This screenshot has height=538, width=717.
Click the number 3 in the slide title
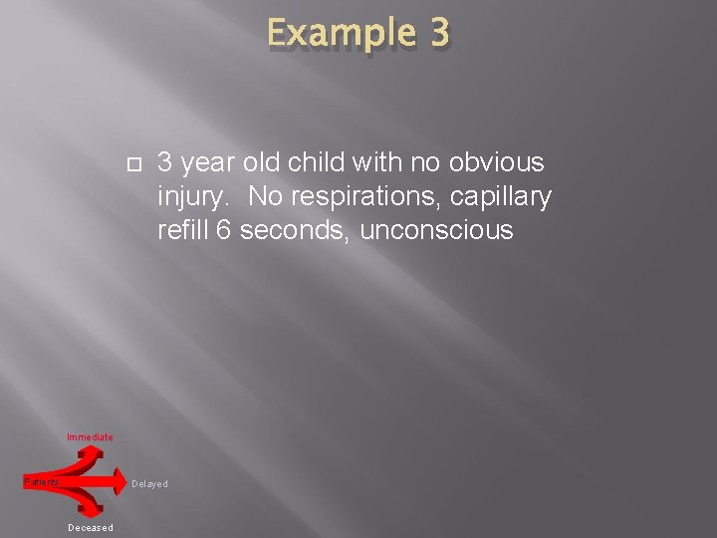(438, 33)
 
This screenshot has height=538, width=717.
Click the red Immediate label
(90, 437)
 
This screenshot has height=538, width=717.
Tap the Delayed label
(149, 484)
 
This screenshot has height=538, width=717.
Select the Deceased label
(91, 528)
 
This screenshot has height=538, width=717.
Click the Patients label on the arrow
(41, 482)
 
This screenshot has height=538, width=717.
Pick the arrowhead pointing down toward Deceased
(93, 510)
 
